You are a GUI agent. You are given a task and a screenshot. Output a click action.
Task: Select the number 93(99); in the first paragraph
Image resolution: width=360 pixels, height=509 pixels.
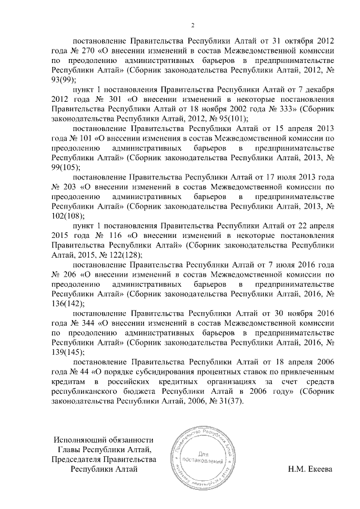pyautogui.click(x=63, y=80)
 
